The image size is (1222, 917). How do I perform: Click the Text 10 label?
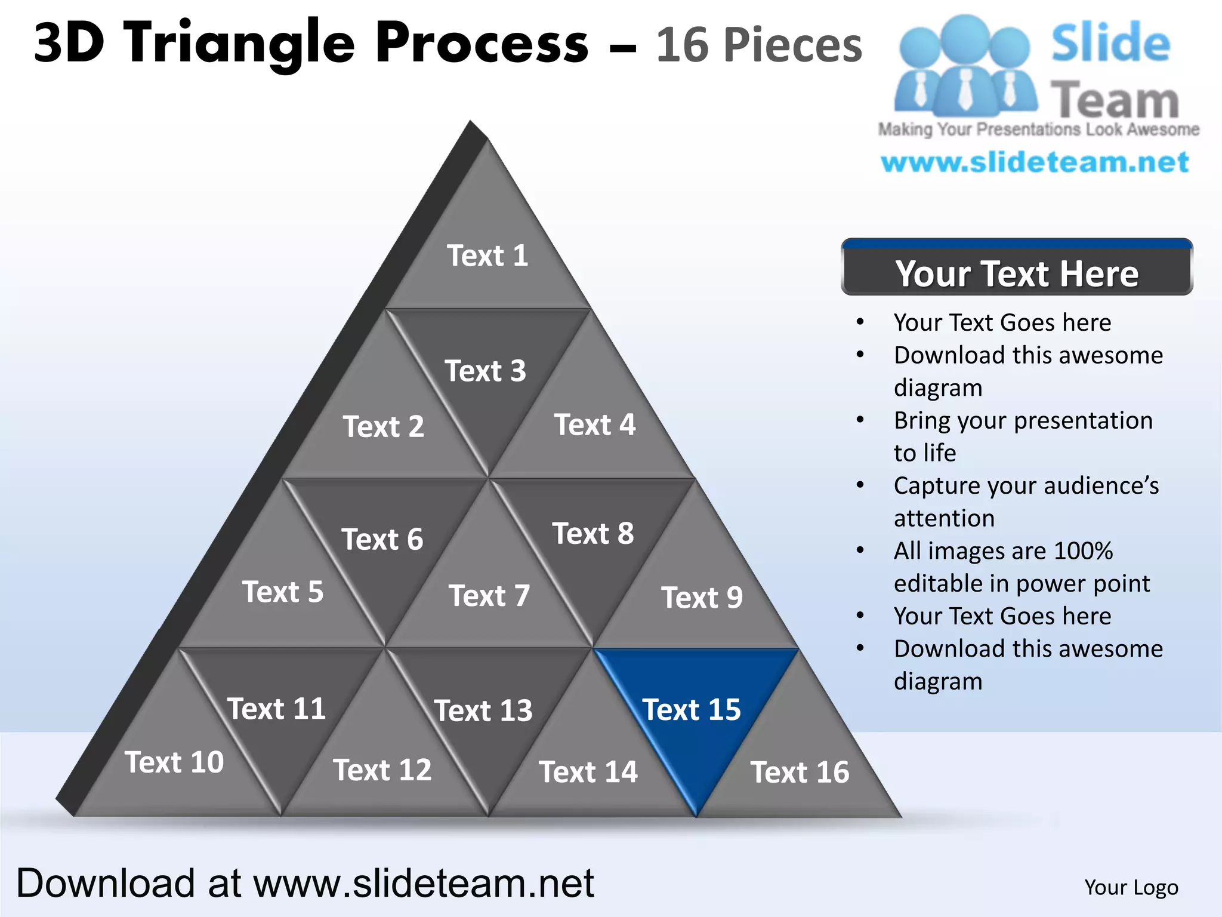(x=174, y=762)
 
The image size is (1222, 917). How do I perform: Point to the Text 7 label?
(x=489, y=596)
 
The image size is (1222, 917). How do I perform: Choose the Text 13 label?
(x=483, y=710)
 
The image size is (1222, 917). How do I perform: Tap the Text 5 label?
(x=283, y=592)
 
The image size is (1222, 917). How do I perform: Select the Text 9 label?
(x=702, y=598)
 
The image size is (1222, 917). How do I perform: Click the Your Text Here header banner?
(x=1017, y=273)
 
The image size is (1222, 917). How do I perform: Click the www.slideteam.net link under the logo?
(x=1035, y=162)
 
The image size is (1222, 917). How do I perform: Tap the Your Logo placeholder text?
(x=1131, y=887)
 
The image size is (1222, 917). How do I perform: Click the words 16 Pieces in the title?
(x=759, y=45)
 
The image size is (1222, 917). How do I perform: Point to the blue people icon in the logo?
(x=964, y=66)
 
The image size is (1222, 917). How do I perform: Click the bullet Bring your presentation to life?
(x=1023, y=436)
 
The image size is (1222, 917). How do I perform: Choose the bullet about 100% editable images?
(x=1022, y=567)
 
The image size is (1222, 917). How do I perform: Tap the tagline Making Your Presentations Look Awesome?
(x=1038, y=130)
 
